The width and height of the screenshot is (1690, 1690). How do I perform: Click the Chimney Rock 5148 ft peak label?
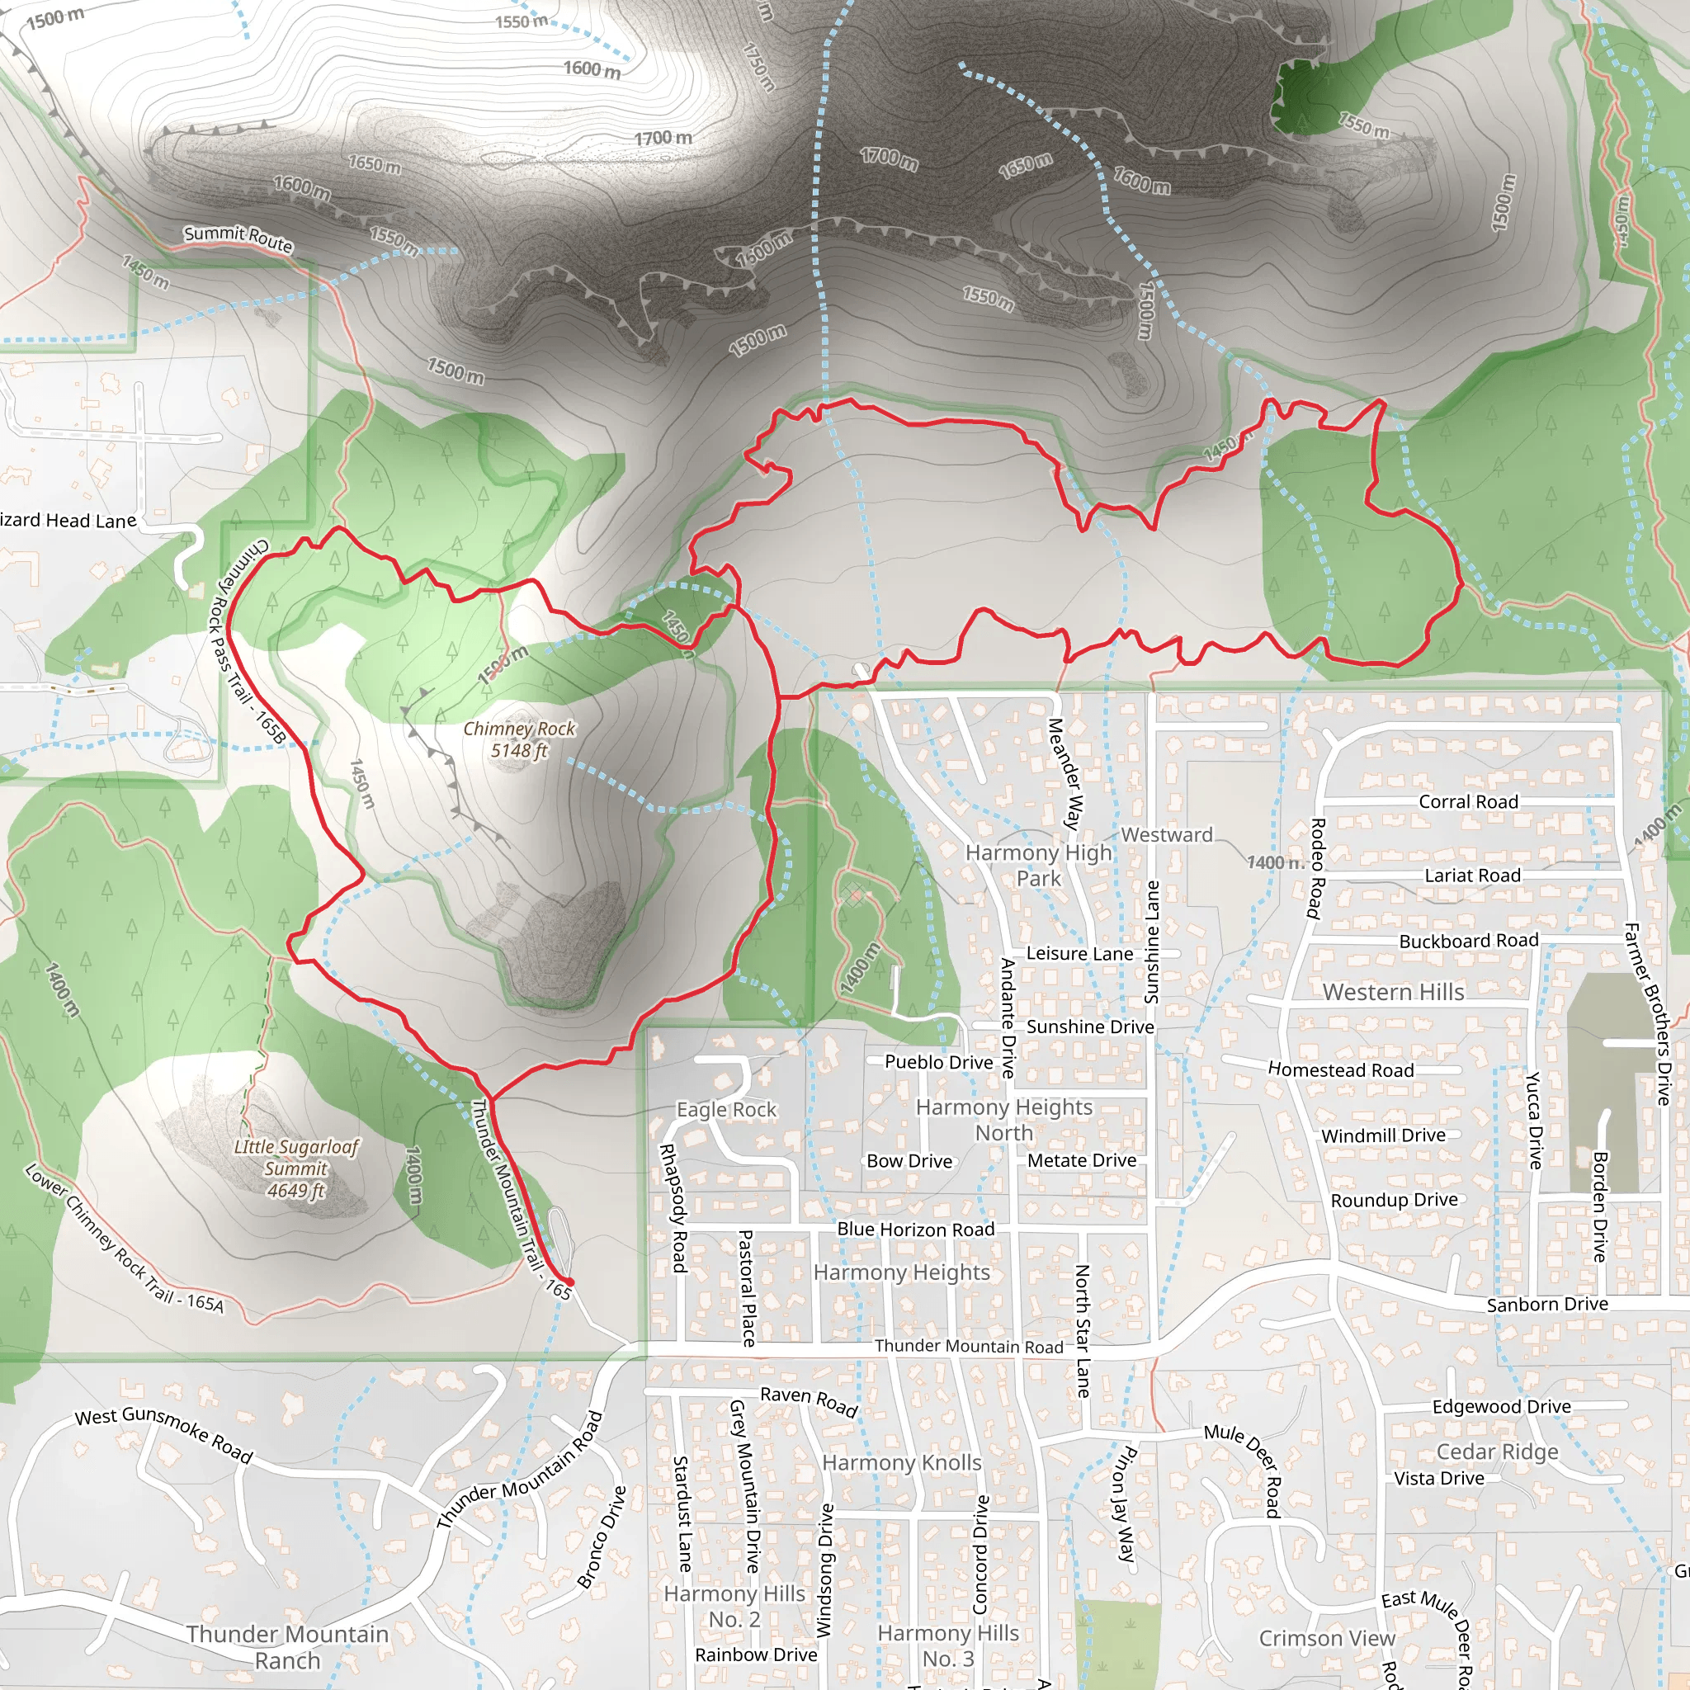[519, 739]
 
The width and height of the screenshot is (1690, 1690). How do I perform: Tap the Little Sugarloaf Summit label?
[295, 1168]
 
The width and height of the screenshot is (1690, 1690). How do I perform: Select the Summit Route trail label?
[238, 237]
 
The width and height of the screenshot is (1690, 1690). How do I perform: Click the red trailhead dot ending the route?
[570, 1282]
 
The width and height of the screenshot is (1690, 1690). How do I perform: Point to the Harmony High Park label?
[1038, 864]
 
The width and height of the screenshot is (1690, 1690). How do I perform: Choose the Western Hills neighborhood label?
[1393, 992]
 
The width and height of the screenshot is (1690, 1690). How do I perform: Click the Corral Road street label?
[1468, 801]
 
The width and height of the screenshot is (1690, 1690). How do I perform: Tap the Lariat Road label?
[1472, 875]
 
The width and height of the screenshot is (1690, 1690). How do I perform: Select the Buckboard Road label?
[1468, 941]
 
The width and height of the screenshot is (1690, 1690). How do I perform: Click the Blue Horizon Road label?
[915, 1229]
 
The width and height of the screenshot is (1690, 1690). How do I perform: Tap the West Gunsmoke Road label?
[163, 1434]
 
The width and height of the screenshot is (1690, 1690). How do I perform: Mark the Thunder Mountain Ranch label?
[287, 1646]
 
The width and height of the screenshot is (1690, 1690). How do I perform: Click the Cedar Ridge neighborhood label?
[1497, 1452]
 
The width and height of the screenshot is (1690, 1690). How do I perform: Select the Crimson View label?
[1326, 1637]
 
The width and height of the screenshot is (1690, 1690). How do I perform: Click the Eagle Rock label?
[726, 1109]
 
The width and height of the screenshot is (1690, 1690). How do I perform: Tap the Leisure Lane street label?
[1079, 953]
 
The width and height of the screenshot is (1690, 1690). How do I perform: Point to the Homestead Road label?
[1340, 1069]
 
